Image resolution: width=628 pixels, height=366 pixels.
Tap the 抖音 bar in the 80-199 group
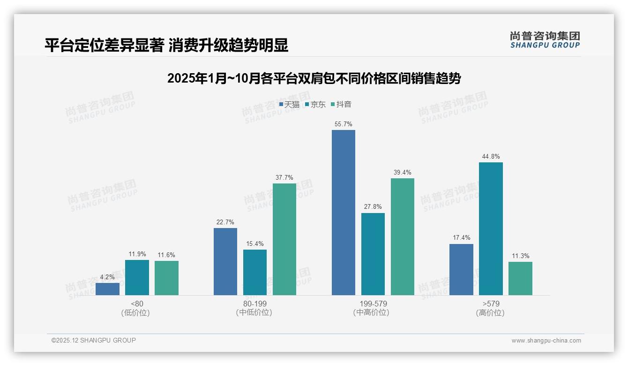point(284,239)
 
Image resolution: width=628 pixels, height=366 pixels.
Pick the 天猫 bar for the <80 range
point(107,289)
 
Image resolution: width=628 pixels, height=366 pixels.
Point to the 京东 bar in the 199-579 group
point(373,254)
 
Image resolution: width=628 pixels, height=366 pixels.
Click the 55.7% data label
point(344,124)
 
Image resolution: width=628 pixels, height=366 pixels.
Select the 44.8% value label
point(491,157)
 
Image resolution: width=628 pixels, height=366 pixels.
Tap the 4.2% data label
point(107,277)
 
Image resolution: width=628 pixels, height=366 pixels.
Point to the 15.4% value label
point(255,244)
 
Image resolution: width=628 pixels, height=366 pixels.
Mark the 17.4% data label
point(461,238)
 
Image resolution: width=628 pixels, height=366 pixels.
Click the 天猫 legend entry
point(290,105)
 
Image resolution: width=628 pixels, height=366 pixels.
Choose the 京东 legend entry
point(315,105)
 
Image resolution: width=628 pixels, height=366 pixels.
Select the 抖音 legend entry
point(342,105)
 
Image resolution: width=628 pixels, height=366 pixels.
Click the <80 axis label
point(137,304)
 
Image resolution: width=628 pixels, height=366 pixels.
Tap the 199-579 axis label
point(373,304)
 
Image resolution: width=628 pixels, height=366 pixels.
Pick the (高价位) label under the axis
point(490,313)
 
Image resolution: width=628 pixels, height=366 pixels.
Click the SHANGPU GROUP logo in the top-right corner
point(545,40)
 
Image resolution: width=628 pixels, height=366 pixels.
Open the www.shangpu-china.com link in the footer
point(546,341)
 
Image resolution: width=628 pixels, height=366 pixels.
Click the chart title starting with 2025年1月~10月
point(314,78)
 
